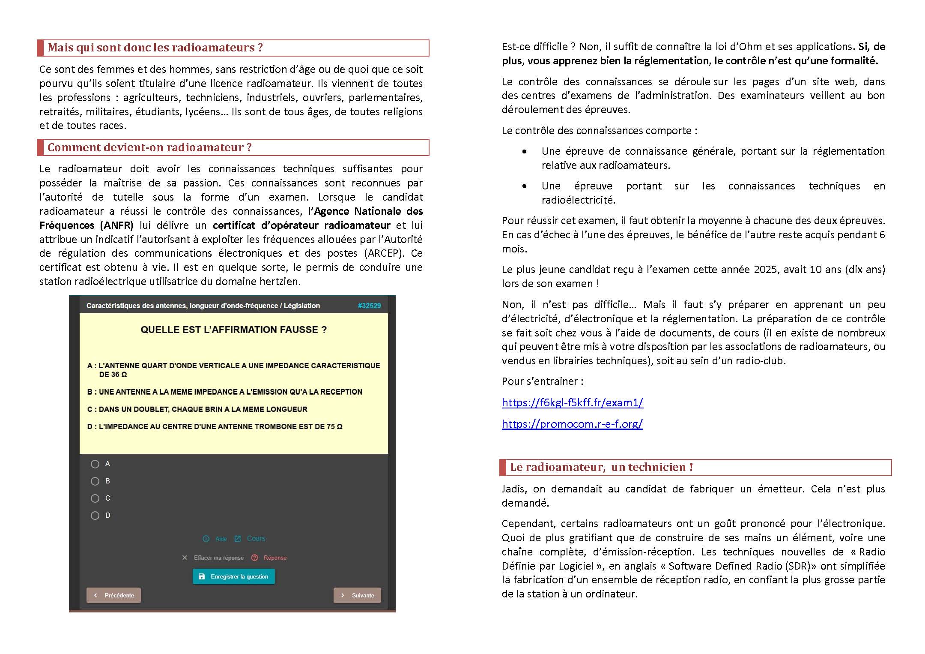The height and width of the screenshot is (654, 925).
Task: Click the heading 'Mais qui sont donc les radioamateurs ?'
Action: click(155, 48)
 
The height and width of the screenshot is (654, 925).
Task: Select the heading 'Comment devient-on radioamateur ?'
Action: click(149, 147)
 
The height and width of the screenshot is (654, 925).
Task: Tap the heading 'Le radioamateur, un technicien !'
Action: click(601, 467)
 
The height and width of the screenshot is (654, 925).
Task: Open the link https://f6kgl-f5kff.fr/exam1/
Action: click(572, 403)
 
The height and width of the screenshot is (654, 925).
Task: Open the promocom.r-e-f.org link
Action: click(572, 424)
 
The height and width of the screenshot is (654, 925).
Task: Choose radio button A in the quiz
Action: click(95, 464)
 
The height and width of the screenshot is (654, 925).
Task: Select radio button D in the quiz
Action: click(95, 516)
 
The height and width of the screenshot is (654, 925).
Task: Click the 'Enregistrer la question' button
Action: click(234, 577)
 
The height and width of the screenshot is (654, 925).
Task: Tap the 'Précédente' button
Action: click(114, 595)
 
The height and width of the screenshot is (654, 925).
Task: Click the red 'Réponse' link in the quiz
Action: click(275, 558)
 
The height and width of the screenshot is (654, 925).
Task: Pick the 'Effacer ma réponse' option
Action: click(218, 558)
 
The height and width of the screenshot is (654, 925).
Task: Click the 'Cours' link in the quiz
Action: click(256, 539)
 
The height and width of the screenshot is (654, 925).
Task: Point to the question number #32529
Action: click(369, 306)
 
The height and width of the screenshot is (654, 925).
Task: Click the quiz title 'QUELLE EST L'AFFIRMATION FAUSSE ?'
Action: click(233, 330)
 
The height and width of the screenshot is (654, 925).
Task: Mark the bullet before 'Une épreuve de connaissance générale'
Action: click(525, 151)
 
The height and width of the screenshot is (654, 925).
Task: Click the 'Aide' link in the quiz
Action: click(221, 539)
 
